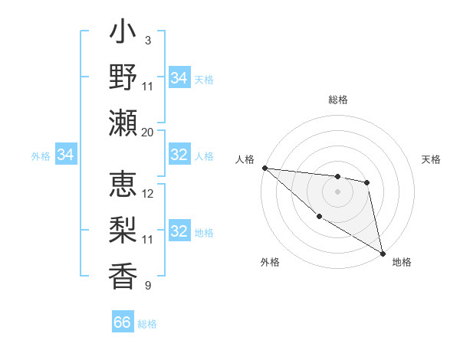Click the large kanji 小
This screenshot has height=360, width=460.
pos(123,35)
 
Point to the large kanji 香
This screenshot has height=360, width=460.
pos(123,275)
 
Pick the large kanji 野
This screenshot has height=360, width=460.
pos(123,77)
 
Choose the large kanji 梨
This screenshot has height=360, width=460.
pos(123,231)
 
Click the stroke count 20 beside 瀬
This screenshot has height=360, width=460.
pos(148,132)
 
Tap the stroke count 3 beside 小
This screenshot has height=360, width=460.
pos(148,41)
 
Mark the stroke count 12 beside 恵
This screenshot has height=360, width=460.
pos(148,194)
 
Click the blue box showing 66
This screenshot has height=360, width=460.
pos(123,322)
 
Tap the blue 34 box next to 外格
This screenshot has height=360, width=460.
pos(65,155)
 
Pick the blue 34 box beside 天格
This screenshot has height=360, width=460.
pos(179,78)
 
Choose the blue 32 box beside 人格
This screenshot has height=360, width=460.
pos(179,155)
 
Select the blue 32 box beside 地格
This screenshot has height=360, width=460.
pos(179,231)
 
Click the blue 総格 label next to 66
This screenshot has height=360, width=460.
pos(147,324)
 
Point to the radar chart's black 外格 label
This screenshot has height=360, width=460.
pos(270,263)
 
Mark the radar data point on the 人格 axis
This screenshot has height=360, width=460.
pos(264,168)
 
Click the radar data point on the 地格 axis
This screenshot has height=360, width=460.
pos(383,254)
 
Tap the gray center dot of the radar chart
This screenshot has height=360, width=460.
pos(337,191)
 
